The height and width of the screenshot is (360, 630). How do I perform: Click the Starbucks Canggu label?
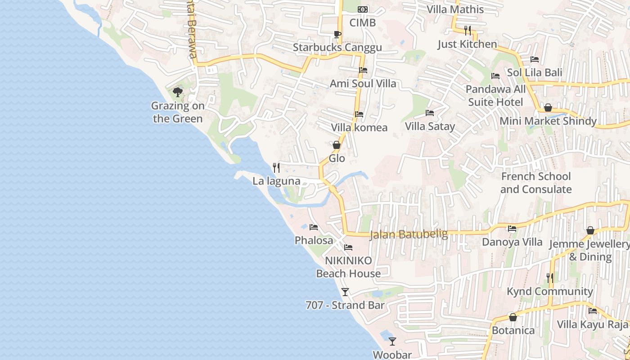click(337, 47)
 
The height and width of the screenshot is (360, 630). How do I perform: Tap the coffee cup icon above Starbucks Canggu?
click(337, 34)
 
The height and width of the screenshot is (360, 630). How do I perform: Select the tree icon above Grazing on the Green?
click(178, 92)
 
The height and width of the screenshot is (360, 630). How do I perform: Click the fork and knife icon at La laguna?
click(276, 168)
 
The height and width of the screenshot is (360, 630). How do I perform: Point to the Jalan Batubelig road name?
click(409, 234)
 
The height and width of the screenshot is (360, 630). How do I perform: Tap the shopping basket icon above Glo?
click(337, 145)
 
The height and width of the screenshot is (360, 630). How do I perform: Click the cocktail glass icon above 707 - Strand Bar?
click(345, 292)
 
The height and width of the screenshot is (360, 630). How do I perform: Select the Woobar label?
click(392, 355)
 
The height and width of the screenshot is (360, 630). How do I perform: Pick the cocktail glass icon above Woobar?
click(392, 342)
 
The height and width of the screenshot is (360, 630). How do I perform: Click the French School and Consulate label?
click(536, 183)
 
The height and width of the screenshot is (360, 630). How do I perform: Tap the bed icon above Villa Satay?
click(430, 113)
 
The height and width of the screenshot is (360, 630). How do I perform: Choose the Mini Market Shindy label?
click(548, 121)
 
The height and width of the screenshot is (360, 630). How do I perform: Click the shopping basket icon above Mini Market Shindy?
click(548, 108)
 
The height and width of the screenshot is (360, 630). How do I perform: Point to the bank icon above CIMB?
click(363, 9)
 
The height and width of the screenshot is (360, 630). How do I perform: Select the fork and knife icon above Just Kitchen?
click(468, 31)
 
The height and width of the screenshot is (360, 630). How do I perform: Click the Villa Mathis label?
click(455, 9)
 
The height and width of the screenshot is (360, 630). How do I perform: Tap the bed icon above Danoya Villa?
click(512, 229)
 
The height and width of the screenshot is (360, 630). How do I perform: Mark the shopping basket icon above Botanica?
click(513, 317)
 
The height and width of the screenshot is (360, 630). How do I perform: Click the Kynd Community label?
click(550, 291)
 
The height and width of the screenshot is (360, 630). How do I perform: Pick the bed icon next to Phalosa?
click(314, 227)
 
